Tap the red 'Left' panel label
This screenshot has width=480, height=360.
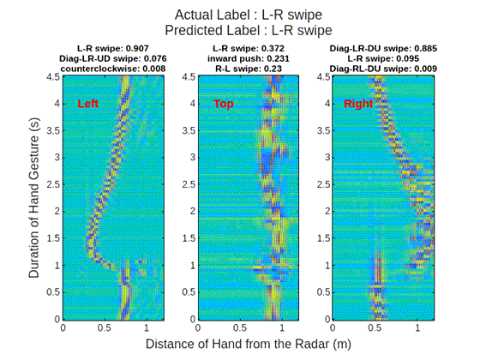coord(88,104)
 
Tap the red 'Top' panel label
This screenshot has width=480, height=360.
coord(224,104)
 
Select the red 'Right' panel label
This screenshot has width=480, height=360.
coord(358,104)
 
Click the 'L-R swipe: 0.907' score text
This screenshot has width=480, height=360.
coord(109,48)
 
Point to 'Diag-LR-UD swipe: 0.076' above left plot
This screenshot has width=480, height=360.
coord(109,58)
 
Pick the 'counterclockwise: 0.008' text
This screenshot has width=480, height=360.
coord(109,69)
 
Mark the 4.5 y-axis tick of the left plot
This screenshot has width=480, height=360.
coord(53,77)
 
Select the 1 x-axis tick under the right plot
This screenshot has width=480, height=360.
coord(417,327)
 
